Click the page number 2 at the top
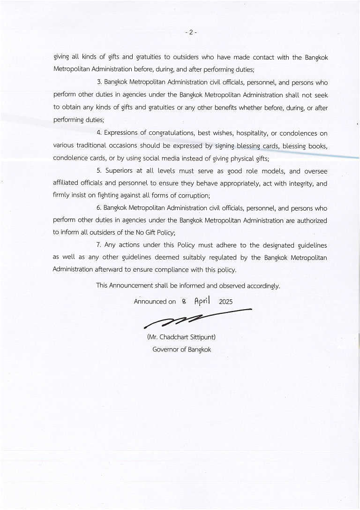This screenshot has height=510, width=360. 191,32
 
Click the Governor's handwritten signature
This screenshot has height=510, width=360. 197,317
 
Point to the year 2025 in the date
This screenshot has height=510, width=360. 225,302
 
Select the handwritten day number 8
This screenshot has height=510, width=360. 184,302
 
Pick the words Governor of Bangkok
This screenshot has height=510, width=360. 182,350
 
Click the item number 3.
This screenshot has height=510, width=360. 99,83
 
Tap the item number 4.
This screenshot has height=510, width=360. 99,133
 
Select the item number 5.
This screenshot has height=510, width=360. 99,171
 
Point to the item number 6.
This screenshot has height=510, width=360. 99,208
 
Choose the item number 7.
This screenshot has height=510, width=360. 99,245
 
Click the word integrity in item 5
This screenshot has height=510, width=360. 298,183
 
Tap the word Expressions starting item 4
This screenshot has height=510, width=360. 121,133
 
